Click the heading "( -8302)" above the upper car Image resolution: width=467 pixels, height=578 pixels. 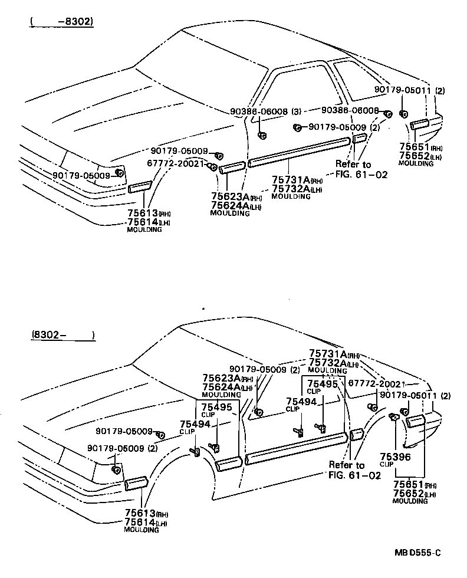62,22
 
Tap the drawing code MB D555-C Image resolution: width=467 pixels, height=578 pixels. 417,553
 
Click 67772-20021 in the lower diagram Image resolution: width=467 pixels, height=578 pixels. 377,383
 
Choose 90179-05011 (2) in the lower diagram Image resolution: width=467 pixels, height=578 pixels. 415,395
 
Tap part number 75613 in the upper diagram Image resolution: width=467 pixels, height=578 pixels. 140,213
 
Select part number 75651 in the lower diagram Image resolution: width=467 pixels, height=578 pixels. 408,484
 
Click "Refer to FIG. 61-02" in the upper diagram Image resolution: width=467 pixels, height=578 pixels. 353,169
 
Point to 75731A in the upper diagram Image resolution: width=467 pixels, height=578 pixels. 291,180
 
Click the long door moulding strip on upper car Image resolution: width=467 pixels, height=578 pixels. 299,151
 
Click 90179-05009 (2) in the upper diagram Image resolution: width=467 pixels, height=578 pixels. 344,127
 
